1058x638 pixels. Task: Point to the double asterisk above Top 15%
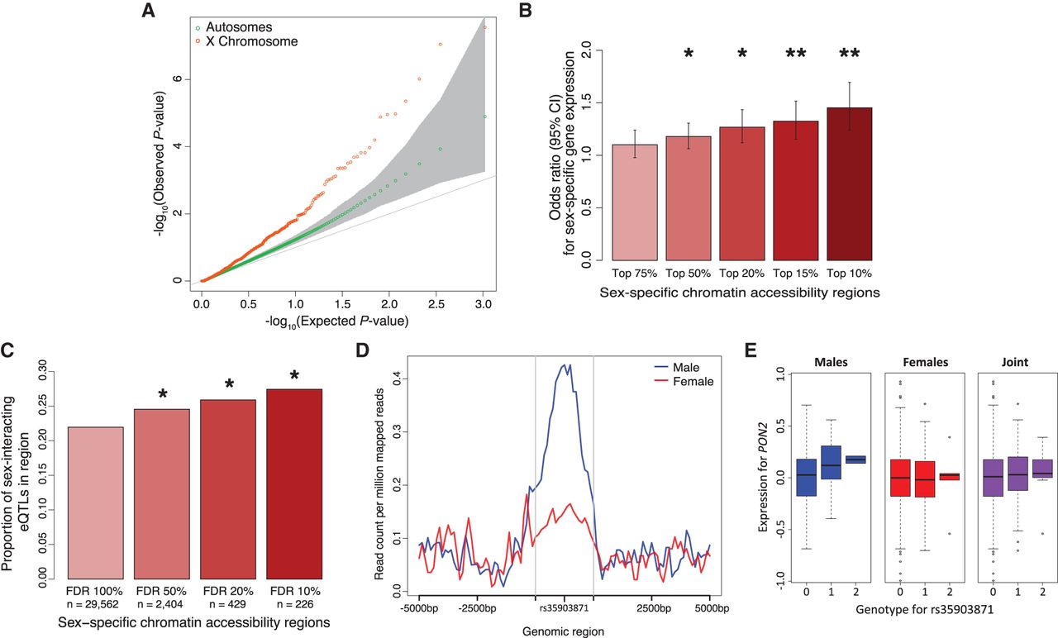point(795,55)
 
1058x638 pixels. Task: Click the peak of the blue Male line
point(564,364)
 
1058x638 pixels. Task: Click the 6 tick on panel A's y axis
point(175,79)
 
